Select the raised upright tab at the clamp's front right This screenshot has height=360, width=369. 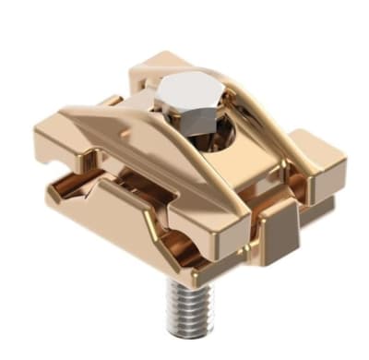(276, 227)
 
